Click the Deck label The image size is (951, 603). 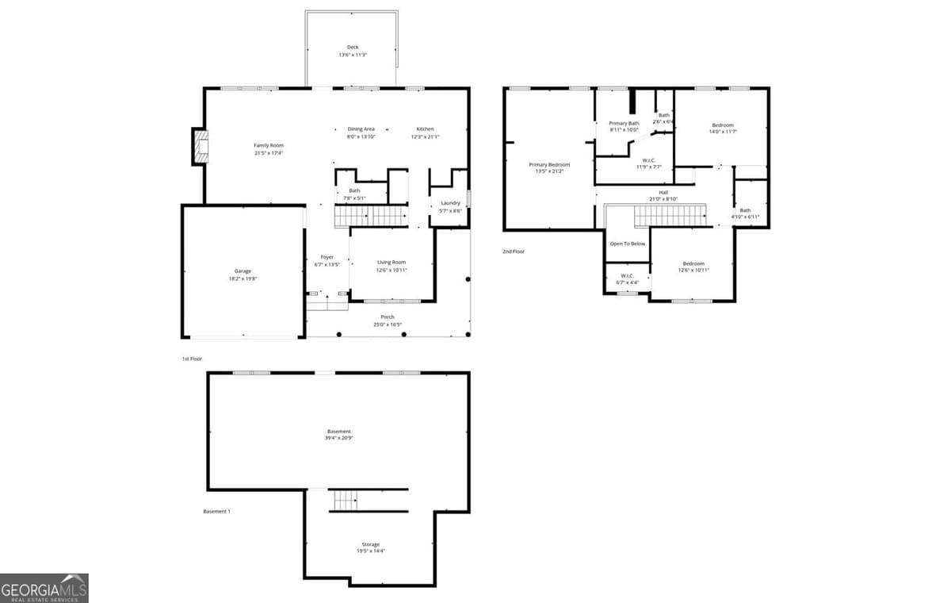353,48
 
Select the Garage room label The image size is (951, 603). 243,271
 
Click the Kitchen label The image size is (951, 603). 426,129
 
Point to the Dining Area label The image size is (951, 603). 361,129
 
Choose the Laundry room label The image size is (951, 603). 450,203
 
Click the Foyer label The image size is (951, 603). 327,257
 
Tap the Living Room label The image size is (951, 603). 391,262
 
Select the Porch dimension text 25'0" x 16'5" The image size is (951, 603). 388,325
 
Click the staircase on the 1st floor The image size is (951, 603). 371,216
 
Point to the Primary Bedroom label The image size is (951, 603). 549,164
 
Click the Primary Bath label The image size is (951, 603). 624,123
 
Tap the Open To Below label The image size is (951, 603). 627,244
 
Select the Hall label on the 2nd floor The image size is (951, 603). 663,192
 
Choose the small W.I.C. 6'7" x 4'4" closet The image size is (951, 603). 627,279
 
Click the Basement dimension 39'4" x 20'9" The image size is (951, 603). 338,438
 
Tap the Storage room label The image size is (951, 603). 370,544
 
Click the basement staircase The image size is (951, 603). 346,501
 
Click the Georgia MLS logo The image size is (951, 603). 44,588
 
